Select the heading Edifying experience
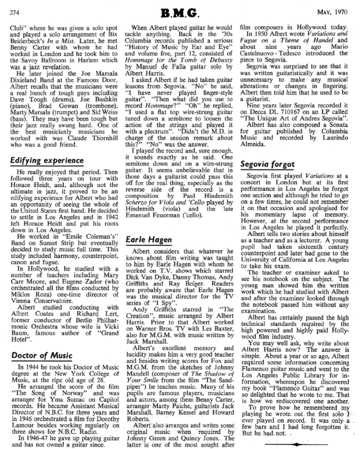pos(47,161)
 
